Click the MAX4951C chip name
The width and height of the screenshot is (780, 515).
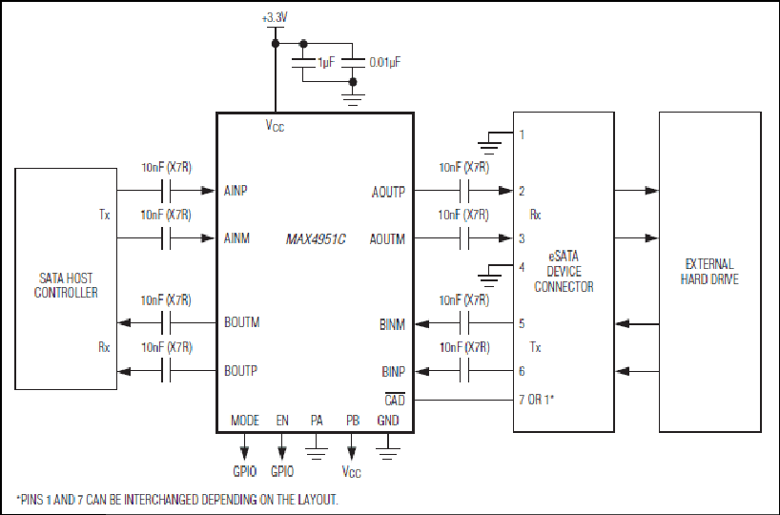[x=316, y=239]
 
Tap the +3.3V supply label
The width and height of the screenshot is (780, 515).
[x=275, y=18]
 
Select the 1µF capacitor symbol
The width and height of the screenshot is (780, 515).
[x=303, y=62]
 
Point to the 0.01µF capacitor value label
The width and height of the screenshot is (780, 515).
[x=384, y=62]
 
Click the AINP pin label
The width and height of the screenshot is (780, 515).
[x=236, y=191]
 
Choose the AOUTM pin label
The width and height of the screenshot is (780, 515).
[x=387, y=239]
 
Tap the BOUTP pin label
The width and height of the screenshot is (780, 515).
[x=240, y=371]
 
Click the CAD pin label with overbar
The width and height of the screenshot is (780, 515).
[x=395, y=399]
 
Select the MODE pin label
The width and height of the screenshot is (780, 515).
[x=245, y=421]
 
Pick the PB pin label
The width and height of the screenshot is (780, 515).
[x=353, y=421]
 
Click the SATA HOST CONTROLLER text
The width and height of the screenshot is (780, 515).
[x=66, y=285]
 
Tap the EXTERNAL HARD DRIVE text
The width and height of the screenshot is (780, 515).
[x=709, y=271]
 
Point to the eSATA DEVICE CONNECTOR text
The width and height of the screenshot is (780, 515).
[x=564, y=271]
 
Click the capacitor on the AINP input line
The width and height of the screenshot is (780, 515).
[x=166, y=191]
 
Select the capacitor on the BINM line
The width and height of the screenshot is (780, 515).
[x=464, y=323]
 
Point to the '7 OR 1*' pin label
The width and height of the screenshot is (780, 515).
[x=536, y=399]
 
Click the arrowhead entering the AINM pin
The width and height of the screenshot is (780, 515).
[x=208, y=238]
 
